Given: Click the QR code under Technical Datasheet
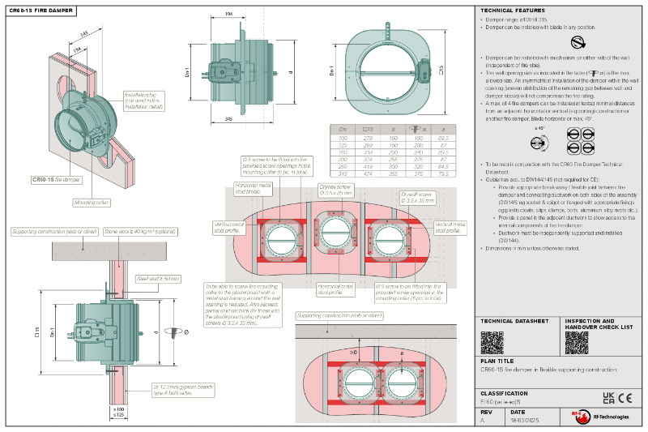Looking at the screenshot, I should coord(492,342).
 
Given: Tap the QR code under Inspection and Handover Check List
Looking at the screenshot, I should coord(576,342).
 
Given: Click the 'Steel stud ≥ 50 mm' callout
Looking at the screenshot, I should coord(160,279).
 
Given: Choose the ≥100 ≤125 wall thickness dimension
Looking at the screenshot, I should coord(119,413).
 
